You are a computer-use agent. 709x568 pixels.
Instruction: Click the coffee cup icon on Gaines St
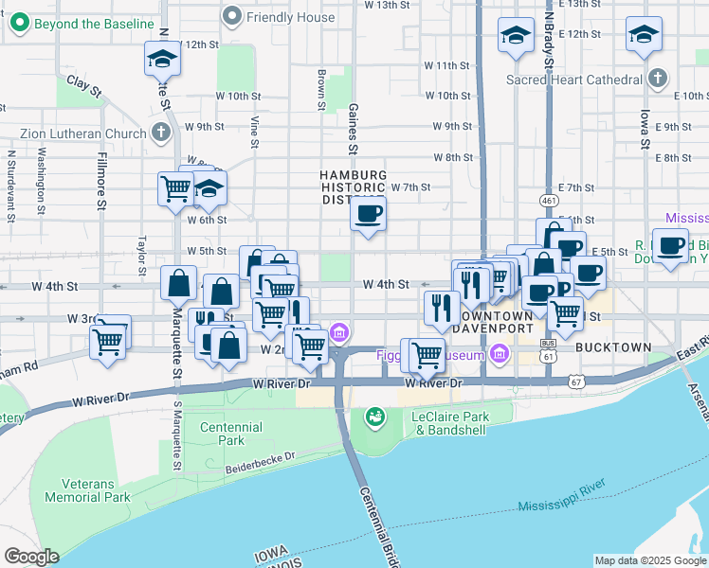pyautogui.click(x=369, y=213)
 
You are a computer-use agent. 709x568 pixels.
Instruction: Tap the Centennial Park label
pyautogui.click(x=231, y=434)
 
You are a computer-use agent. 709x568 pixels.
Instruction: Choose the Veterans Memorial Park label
pyautogui.click(x=87, y=490)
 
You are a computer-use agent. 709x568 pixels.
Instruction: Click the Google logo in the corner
pyautogui.click(x=32, y=557)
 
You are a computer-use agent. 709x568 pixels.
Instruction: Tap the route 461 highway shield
pyautogui.click(x=549, y=201)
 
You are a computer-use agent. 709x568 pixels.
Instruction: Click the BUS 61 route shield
pyautogui.click(x=547, y=354)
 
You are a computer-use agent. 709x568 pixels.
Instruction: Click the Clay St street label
pyautogui.click(x=84, y=87)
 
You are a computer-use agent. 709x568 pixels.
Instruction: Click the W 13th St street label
pyautogui.click(x=385, y=6)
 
